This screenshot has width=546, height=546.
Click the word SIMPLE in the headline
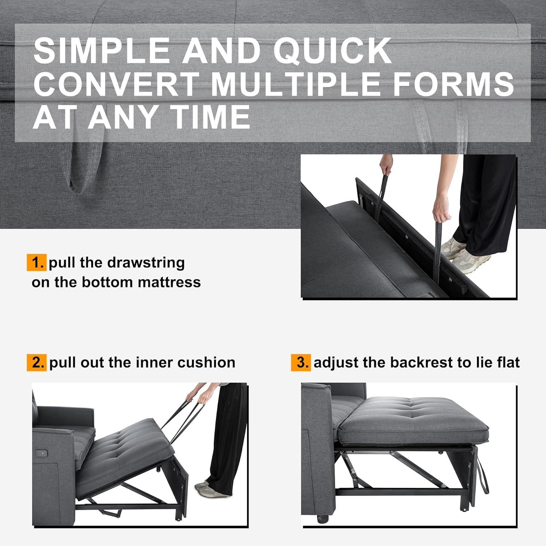tap(102, 51)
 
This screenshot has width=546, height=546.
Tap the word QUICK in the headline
tap(332, 51)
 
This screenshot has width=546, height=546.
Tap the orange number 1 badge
tap(36, 262)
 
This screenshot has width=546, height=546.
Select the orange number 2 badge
tap(36, 363)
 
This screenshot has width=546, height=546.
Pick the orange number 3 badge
tap(301, 363)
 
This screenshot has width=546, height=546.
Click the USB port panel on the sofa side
tap(42, 454)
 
